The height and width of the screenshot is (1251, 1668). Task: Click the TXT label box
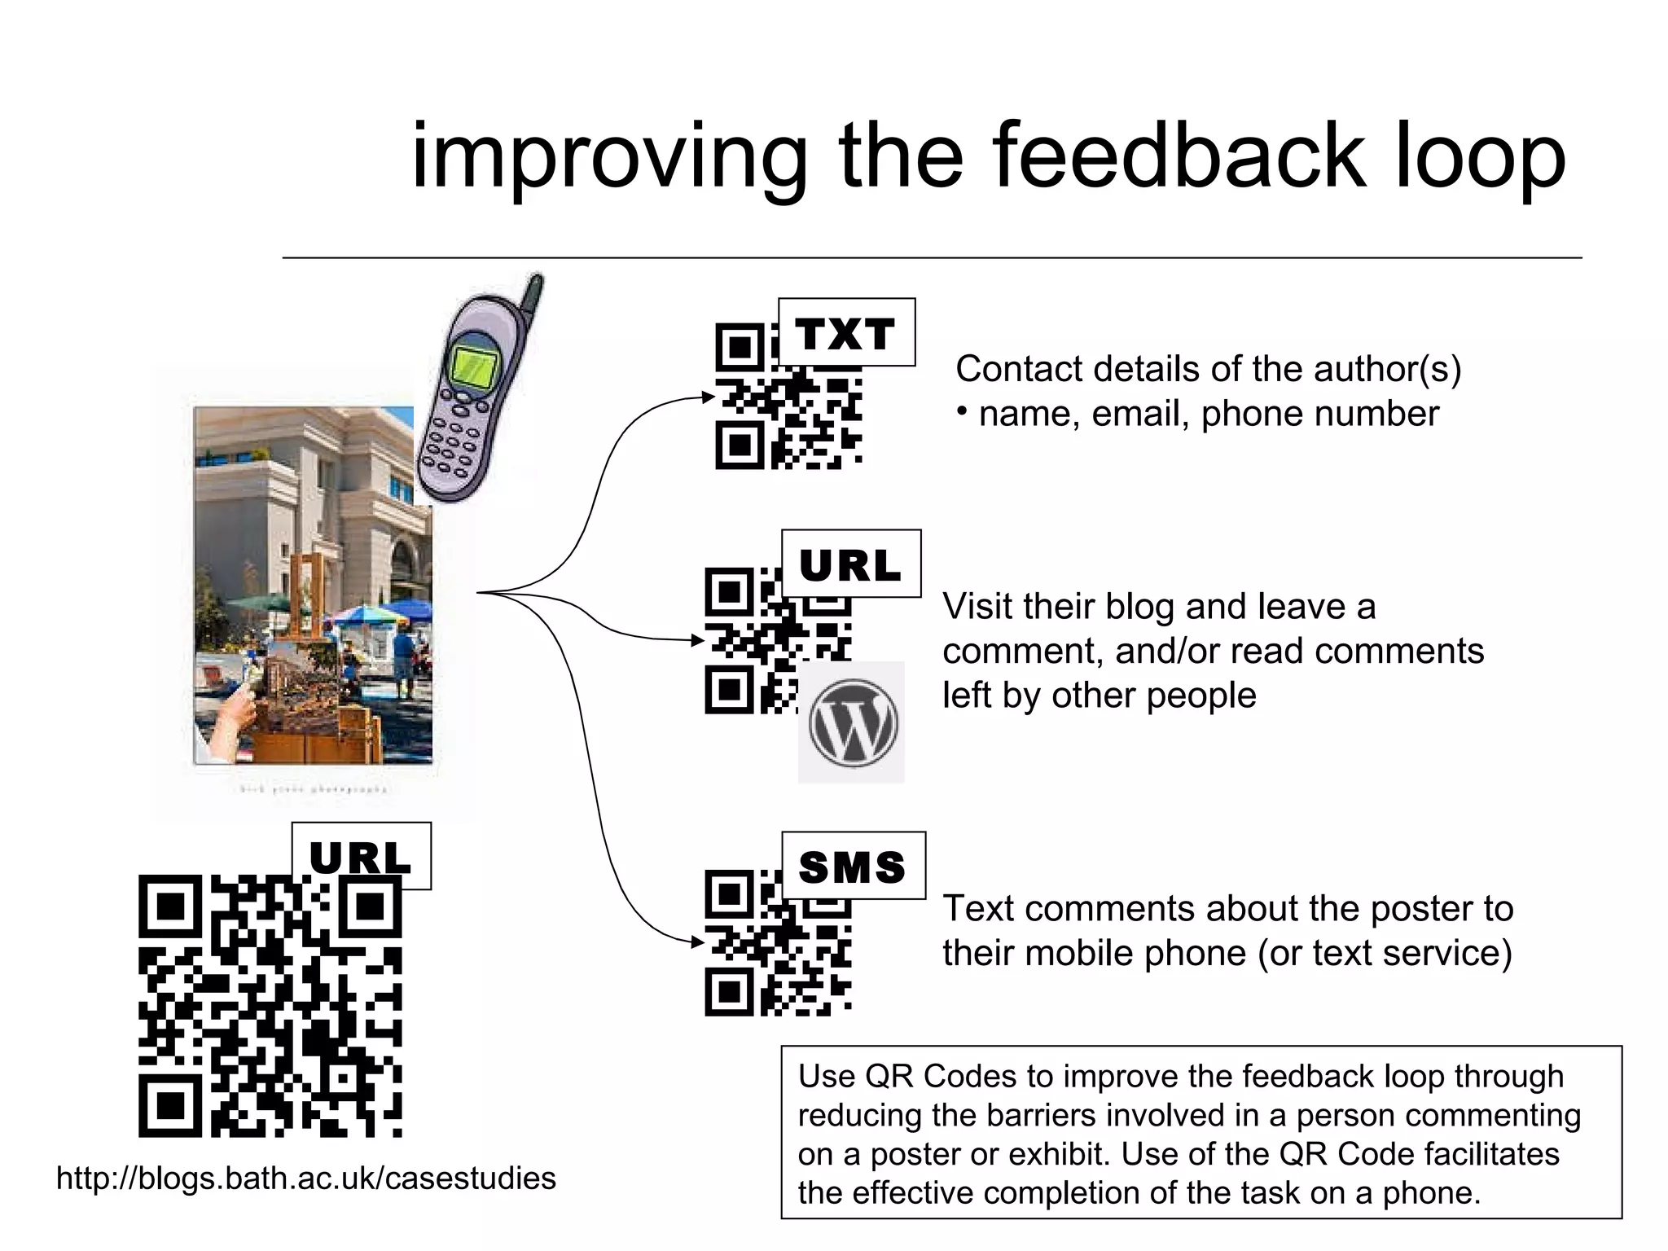[x=846, y=332]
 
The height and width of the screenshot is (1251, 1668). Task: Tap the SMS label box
[x=853, y=866]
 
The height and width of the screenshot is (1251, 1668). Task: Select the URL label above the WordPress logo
[x=850, y=564]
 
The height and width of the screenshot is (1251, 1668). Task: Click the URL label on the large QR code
[x=361, y=856]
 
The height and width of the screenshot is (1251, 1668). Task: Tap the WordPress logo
[x=852, y=722]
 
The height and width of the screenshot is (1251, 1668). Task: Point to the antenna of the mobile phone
[x=532, y=296]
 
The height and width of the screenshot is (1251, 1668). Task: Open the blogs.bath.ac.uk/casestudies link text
[x=306, y=1179]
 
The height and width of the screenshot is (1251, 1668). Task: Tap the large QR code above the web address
[x=270, y=1006]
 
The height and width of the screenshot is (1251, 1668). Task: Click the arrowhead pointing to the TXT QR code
[x=708, y=397]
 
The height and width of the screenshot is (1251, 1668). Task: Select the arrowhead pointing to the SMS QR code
[x=697, y=942]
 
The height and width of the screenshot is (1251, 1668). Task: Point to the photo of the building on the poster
[x=314, y=585]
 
